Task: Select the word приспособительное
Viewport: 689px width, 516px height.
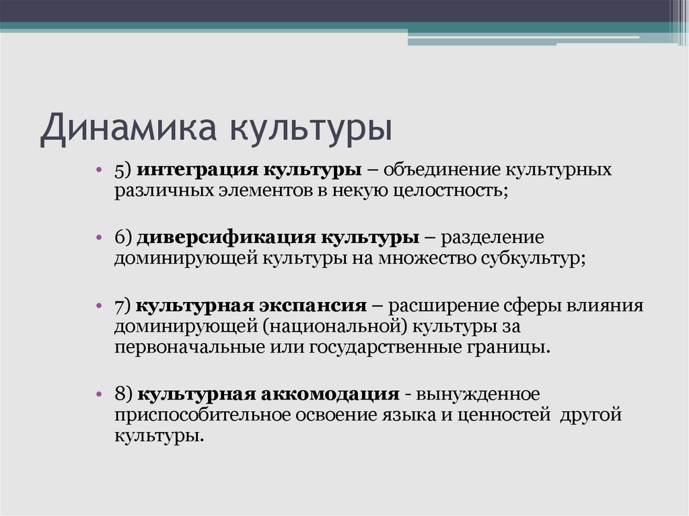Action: click(202, 414)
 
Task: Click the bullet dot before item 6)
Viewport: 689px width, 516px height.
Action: click(99, 238)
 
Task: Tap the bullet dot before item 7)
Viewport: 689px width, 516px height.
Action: click(99, 307)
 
